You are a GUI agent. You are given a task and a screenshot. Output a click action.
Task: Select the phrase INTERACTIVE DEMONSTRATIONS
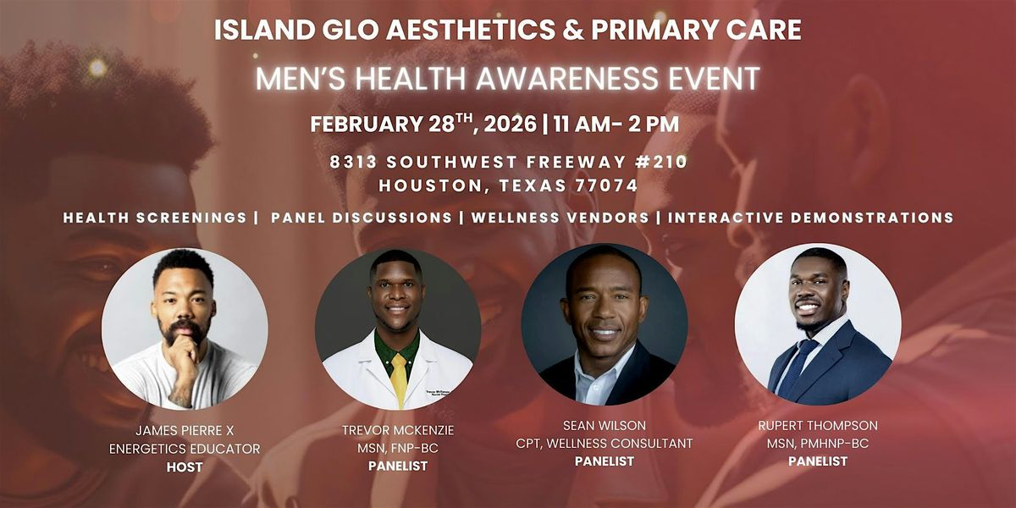(x=810, y=218)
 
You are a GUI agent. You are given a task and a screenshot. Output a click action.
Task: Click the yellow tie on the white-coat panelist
(x=398, y=377)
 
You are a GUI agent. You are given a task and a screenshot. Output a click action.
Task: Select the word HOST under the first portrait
(x=184, y=467)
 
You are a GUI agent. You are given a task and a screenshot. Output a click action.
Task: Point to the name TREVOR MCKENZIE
(x=398, y=429)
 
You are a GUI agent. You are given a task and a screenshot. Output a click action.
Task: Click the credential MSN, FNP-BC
(x=398, y=447)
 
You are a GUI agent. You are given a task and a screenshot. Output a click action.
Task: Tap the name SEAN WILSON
(x=605, y=425)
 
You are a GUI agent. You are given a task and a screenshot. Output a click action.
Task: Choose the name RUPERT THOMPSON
(x=818, y=426)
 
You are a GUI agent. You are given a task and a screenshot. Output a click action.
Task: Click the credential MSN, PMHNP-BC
(x=818, y=444)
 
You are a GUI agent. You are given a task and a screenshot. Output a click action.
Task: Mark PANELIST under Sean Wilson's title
(x=605, y=461)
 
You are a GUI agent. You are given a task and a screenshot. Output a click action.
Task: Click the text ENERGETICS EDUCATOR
(x=184, y=450)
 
